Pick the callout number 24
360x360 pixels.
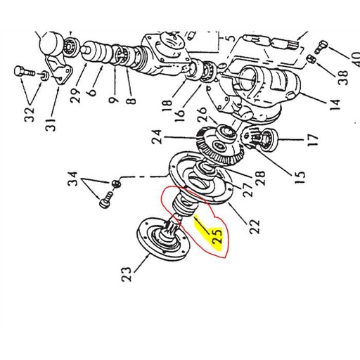point(155,136)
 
